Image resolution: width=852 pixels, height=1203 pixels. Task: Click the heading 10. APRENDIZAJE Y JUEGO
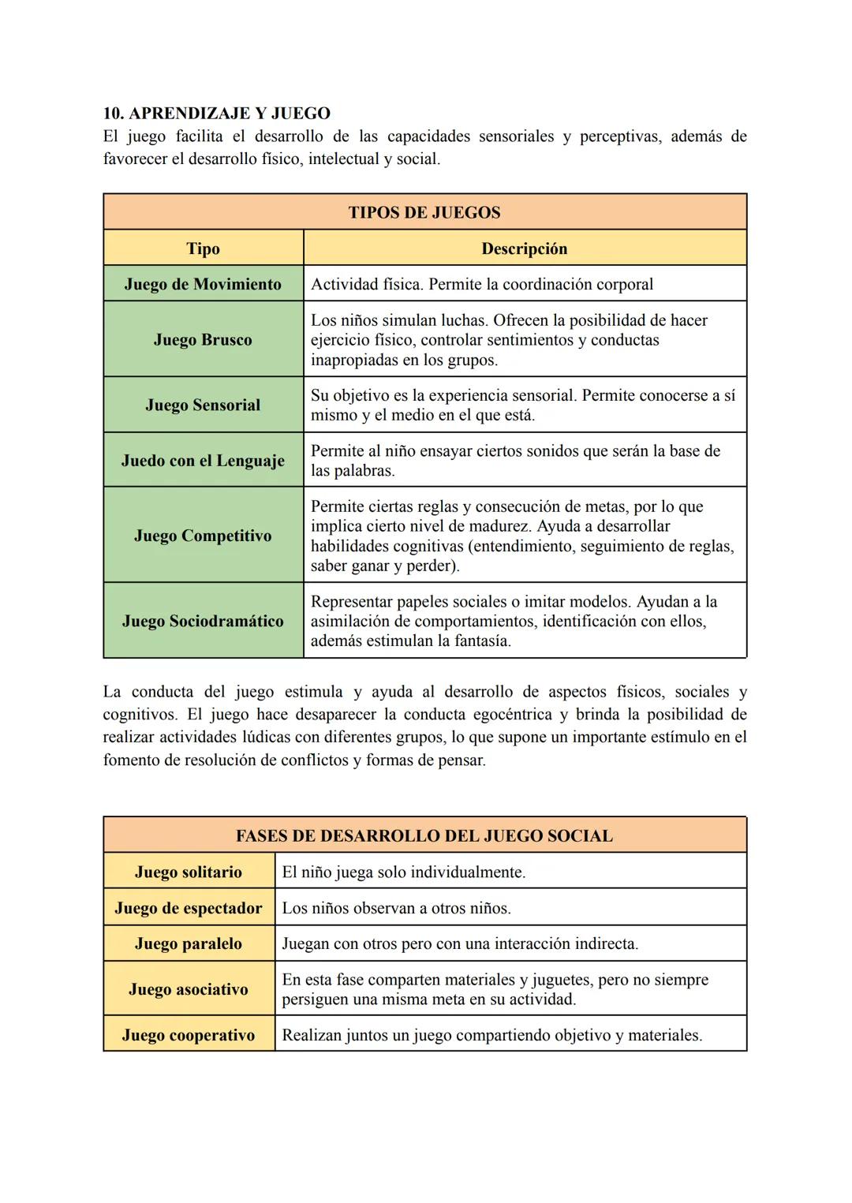[216, 114]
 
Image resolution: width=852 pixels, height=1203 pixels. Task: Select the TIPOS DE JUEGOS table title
[424, 212]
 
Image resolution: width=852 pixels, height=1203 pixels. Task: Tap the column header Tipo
[203, 248]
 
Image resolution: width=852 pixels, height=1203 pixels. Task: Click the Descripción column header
[524, 248]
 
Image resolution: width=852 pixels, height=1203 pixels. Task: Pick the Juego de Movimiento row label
[203, 284]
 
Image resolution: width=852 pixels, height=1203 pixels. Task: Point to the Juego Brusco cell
[203, 340]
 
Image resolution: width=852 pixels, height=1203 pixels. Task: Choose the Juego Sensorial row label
[203, 405]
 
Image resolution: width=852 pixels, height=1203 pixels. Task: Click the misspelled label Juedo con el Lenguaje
[203, 461]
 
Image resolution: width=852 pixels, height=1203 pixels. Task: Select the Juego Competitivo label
[203, 536]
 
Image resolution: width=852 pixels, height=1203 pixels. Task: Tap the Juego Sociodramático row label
[203, 621]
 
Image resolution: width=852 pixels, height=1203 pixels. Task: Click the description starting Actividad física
[481, 284]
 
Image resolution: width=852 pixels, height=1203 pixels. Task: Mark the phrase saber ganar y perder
[385, 566]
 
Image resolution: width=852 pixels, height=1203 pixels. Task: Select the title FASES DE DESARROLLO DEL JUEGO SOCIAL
[424, 836]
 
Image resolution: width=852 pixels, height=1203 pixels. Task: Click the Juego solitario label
[189, 872]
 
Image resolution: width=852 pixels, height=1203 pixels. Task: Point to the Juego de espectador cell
[189, 908]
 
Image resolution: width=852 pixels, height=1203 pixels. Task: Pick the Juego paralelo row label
[189, 943]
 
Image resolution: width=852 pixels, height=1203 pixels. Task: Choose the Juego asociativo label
[189, 989]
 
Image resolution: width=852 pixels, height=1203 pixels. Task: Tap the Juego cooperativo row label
[189, 1035]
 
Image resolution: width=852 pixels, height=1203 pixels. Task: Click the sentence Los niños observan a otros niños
[396, 908]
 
